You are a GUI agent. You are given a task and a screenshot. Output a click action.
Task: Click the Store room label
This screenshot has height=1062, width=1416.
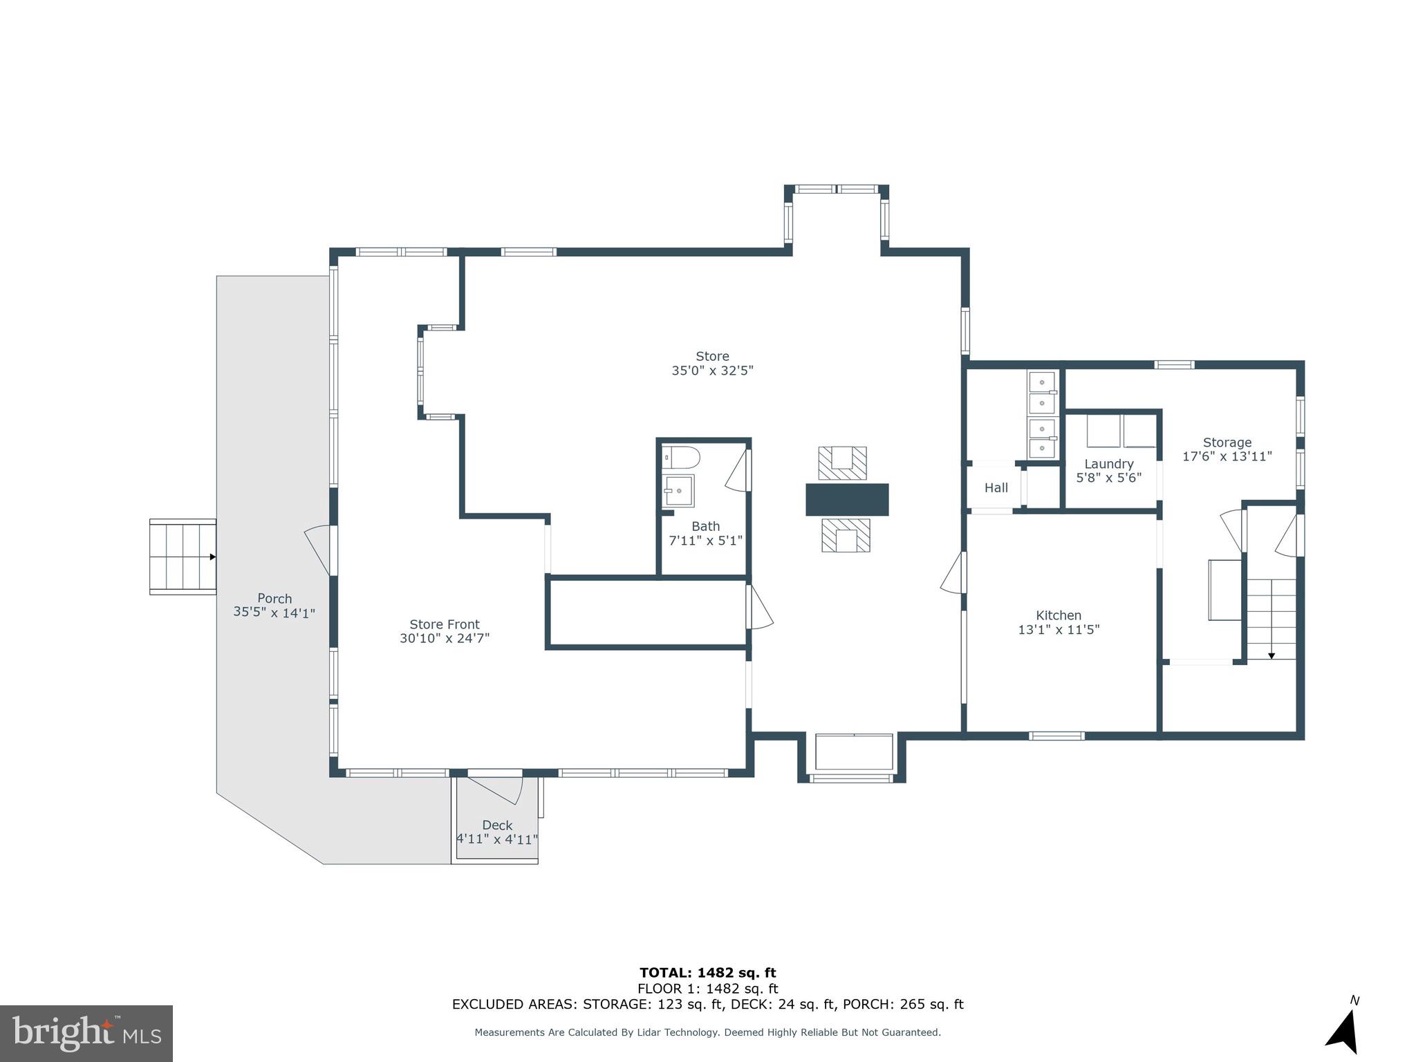pyautogui.click(x=712, y=357)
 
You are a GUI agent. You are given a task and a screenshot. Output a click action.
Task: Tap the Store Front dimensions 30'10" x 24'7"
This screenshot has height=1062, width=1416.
pyautogui.click(x=445, y=639)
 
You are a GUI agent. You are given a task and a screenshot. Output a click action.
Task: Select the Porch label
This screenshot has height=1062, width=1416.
pyautogui.click(x=274, y=599)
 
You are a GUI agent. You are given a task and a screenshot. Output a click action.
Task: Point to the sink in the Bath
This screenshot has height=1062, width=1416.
pyautogui.click(x=678, y=490)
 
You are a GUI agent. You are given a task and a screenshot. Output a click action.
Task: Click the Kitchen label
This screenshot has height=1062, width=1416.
pyautogui.click(x=1059, y=615)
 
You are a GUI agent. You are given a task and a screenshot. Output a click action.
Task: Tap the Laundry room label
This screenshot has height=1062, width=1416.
pyautogui.click(x=1108, y=464)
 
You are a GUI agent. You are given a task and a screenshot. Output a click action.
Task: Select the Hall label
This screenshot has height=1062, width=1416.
pyautogui.click(x=996, y=488)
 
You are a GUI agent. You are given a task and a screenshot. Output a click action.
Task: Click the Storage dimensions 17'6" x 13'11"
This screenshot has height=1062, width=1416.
pyautogui.click(x=1227, y=457)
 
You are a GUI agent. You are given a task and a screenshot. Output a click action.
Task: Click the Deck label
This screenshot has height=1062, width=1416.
pyautogui.click(x=497, y=826)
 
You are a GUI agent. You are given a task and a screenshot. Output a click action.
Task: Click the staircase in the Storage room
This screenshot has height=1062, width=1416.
pyautogui.click(x=1271, y=619)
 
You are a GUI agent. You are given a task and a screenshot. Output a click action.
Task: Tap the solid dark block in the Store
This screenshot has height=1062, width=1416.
pyautogui.click(x=846, y=499)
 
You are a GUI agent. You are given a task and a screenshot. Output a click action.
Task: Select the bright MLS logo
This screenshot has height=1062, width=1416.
pyautogui.click(x=86, y=1033)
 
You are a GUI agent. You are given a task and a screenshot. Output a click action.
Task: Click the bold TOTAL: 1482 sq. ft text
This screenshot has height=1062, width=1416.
pyautogui.click(x=707, y=973)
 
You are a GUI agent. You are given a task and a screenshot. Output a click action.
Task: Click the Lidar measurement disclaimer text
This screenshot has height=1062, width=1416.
pyautogui.click(x=707, y=1032)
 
